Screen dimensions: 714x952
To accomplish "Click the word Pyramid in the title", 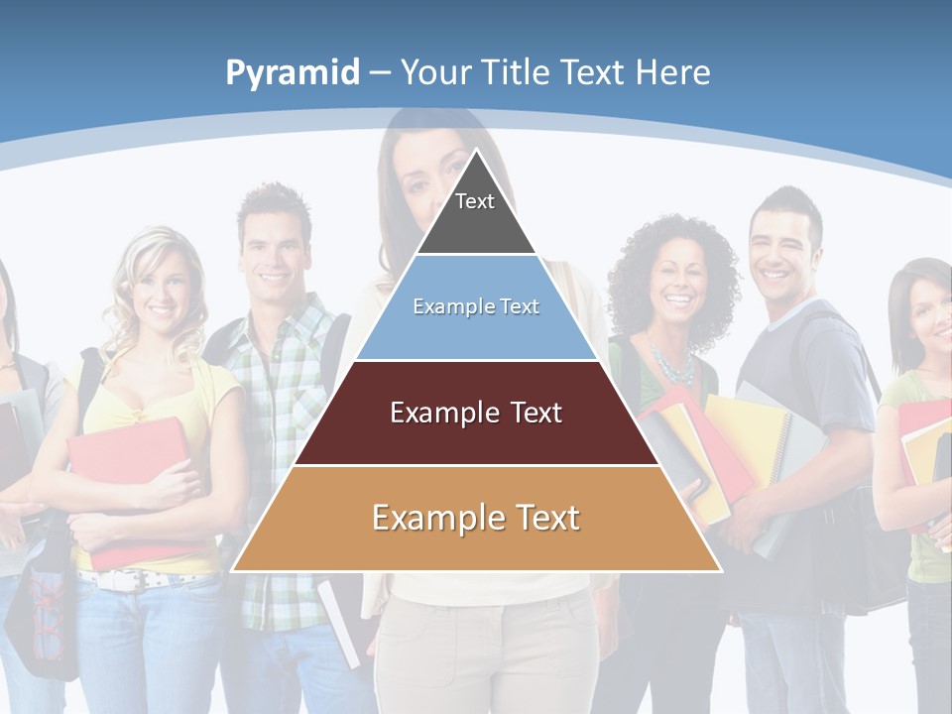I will point(293,73).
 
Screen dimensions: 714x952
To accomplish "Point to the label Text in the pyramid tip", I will point(475,201).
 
